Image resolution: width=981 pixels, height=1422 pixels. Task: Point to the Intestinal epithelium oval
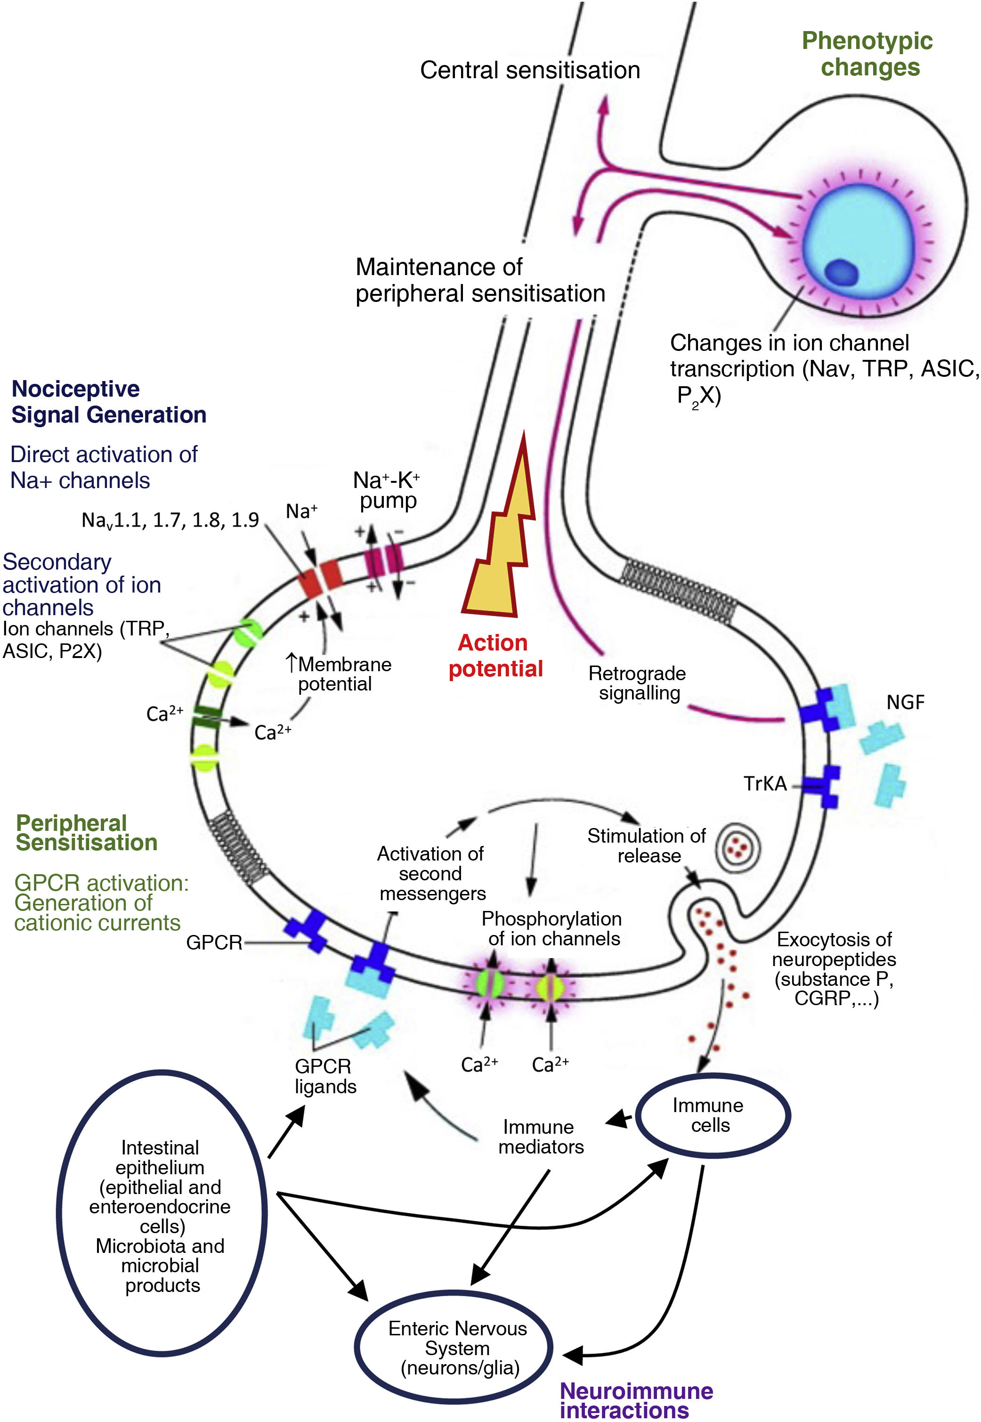(161, 1215)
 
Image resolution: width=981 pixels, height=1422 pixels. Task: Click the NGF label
(905, 702)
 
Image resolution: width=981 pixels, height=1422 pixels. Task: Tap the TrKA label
(765, 783)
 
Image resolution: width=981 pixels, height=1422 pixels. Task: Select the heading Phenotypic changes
(867, 54)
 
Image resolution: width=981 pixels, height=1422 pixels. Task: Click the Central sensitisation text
(530, 70)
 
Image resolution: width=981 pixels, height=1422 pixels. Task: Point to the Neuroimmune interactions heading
(636, 1400)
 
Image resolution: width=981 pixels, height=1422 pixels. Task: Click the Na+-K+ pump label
(387, 490)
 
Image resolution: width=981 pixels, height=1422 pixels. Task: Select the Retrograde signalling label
(637, 683)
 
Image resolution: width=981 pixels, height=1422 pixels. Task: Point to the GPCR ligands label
(325, 1076)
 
